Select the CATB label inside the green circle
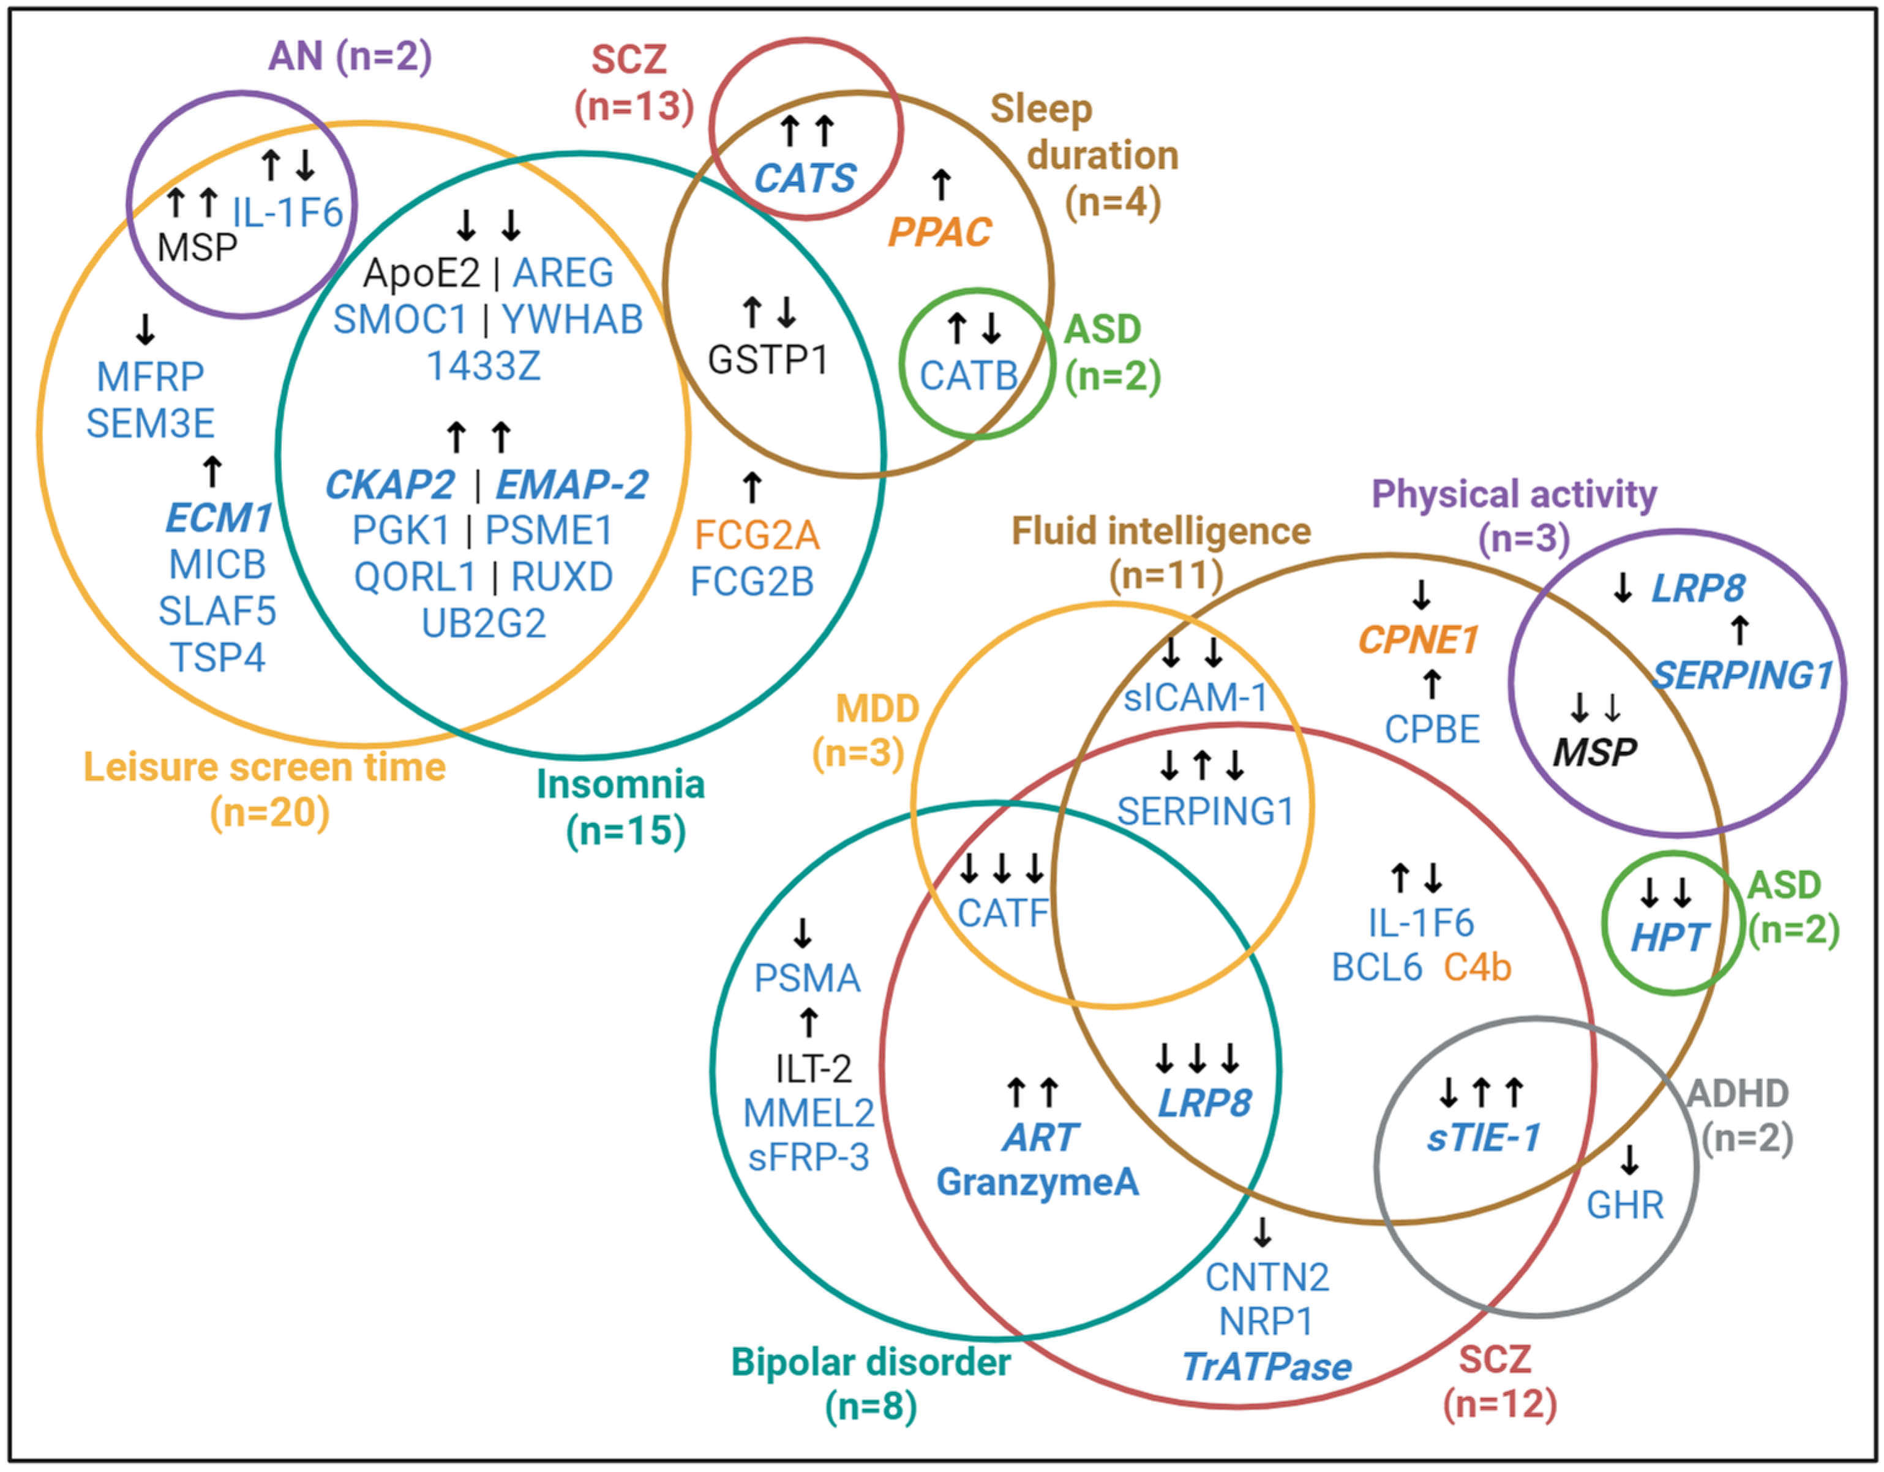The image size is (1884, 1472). pyautogui.click(x=969, y=375)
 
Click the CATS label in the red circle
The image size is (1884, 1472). pyautogui.click(x=805, y=179)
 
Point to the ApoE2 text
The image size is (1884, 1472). pyautogui.click(x=421, y=274)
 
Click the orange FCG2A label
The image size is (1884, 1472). pyautogui.click(x=757, y=536)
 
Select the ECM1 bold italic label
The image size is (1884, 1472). pyautogui.click(x=218, y=519)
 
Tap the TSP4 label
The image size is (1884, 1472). pyautogui.click(x=217, y=658)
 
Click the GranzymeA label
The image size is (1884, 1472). pyautogui.click(x=1038, y=1182)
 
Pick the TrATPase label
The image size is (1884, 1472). pyautogui.click(x=1266, y=1367)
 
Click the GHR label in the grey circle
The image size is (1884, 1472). pyautogui.click(x=1625, y=1206)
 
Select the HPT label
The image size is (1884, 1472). pyautogui.click(x=1668, y=938)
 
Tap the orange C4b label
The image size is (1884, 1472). pyautogui.click(x=1477, y=968)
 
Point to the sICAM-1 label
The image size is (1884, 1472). pyautogui.click(x=1195, y=697)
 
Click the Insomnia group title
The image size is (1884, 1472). pyautogui.click(x=620, y=784)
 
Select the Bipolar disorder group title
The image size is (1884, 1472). pyautogui.click(x=871, y=1362)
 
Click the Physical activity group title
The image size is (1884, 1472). pyautogui.click(x=1514, y=494)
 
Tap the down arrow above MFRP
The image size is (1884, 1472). pyautogui.click(x=145, y=329)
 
